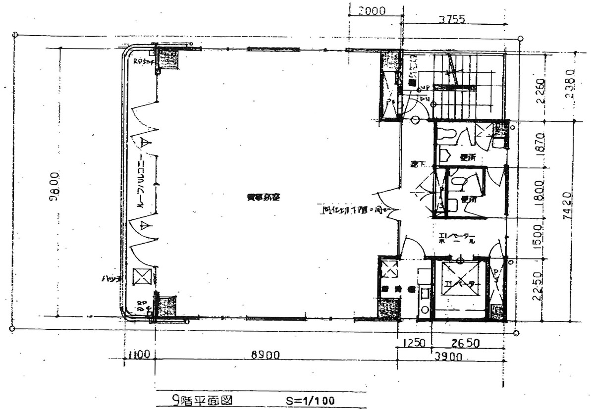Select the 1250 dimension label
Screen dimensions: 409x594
[x=415, y=343]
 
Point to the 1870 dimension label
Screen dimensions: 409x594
[x=540, y=144]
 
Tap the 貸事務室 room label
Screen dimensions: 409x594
[x=264, y=197]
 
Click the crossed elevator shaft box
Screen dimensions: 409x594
[x=460, y=284]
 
